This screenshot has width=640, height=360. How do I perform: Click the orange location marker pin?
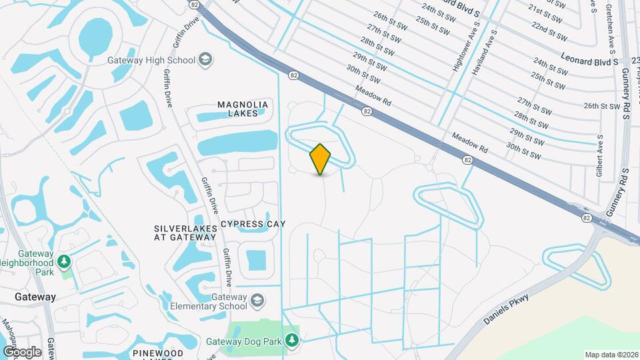click(320, 159)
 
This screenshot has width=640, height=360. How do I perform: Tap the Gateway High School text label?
click(151, 59)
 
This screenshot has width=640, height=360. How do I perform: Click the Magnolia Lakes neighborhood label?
click(243, 109)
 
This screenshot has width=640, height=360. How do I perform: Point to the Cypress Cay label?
click(253, 224)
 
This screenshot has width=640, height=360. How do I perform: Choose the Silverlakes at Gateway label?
click(185, 233)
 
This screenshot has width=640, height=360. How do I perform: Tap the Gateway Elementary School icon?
click(258, 301)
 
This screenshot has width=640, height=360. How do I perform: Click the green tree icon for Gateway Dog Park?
click(291, 341)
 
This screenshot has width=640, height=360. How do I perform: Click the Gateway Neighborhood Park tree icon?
click(64, 261)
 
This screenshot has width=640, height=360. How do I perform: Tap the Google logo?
click(22, 351)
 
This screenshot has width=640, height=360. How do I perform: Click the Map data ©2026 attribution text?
click(611, 355)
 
